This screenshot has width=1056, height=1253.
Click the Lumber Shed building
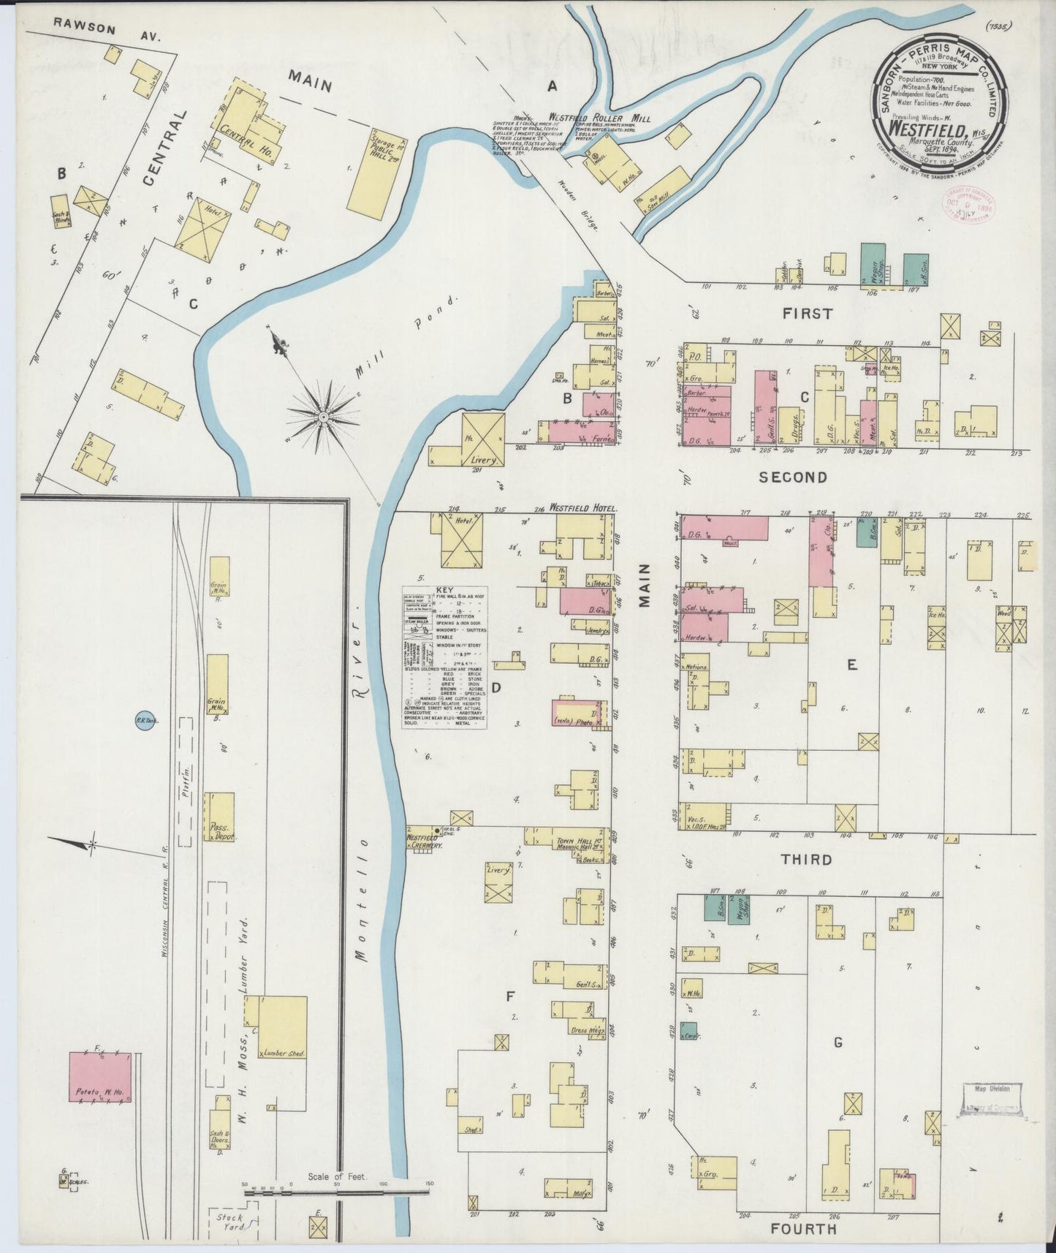(283, 1028)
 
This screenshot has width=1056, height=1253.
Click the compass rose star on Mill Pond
(322, 416)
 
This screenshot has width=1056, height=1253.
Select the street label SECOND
(792, 477)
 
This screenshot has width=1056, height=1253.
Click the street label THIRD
(807, 859)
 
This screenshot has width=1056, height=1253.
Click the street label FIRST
(807, 314)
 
